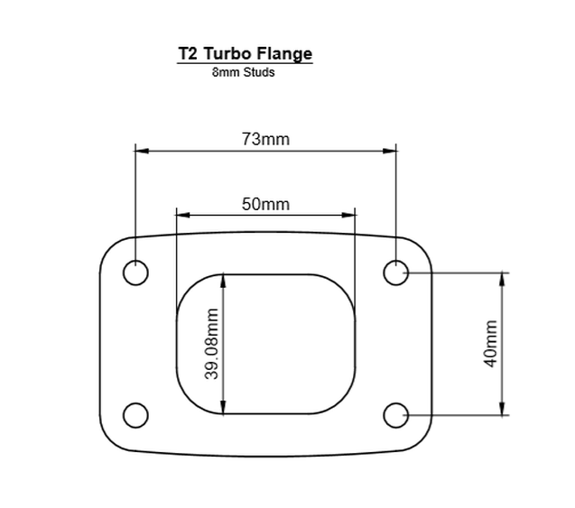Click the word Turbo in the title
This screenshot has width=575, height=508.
(x=230, y=53)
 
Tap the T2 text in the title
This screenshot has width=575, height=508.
(x=189, y=53)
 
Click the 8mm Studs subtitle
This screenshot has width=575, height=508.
(x=244, y=72)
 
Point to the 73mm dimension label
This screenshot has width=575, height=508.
(x=265, y=139)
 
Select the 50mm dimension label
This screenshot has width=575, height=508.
(x=265, y=204)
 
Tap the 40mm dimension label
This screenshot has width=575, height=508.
(x=491, y=343)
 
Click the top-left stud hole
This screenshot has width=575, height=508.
(x=135, y=272)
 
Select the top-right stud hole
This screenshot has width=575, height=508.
(x=396, y=272)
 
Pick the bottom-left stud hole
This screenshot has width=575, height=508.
(x=135, y=415)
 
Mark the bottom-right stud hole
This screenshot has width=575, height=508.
(x=396, y=415)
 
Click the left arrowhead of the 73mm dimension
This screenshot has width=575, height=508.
(x=141, y=152)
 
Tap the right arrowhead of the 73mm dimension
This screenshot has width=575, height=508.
(x=391, y=152)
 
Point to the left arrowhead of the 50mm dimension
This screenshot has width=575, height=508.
(x=182, y=215)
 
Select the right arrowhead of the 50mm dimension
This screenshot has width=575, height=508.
(x=349, y=215)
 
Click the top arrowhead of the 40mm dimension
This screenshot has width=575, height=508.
(x=503, y=278)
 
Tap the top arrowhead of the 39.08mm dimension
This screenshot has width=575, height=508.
(x=224, y=281)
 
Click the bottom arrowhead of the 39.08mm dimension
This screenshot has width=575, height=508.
(x=224, y=407)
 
